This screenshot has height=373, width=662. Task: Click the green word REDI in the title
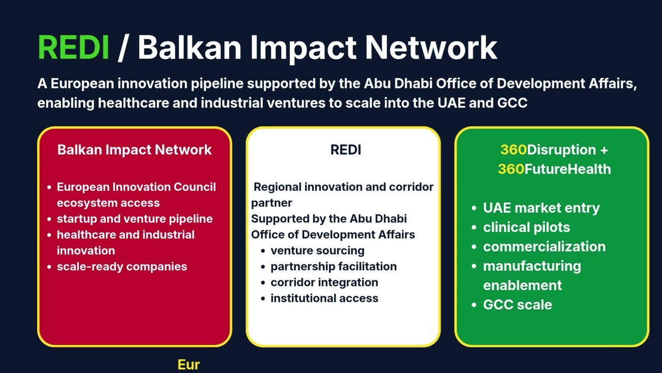click(73, 48)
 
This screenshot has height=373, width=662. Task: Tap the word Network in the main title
click(431, 48)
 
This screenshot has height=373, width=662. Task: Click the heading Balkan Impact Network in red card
click(134, 150)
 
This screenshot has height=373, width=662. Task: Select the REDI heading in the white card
click(345, 150)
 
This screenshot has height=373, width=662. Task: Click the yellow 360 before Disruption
click(513, 150)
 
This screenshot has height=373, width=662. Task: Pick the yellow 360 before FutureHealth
click(510, 169)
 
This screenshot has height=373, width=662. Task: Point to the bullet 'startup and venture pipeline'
click(134, 219)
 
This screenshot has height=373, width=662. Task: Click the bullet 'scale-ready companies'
click(122, 266)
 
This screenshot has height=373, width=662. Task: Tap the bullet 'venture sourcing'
click(317, 250)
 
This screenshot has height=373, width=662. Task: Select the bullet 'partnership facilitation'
click(334, 266)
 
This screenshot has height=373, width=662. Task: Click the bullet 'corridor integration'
click(324, 282)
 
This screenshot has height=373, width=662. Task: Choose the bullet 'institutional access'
click(324, 298)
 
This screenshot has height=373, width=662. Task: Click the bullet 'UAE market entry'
click(541, 208)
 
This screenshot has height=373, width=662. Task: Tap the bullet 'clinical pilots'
click(526, 227)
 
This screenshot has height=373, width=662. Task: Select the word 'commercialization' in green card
click(544, 247)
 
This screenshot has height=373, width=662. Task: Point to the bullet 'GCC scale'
click(517, 305)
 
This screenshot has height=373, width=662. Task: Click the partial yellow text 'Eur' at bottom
click(189, 365)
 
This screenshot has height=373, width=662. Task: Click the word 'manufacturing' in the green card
click(532, 266)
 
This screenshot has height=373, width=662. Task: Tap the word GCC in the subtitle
click(512, 102)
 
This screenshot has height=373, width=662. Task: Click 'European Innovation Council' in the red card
click(136, 187)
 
